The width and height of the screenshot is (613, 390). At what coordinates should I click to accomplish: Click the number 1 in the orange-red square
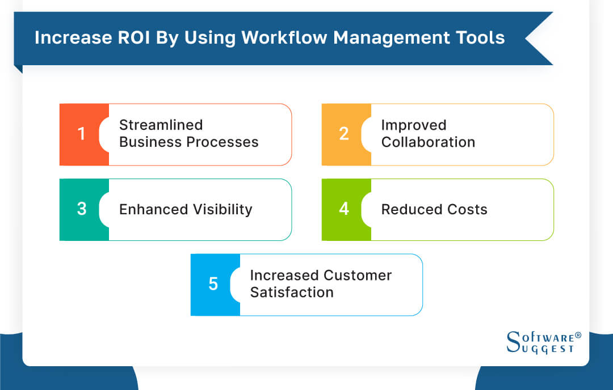click(82, 134)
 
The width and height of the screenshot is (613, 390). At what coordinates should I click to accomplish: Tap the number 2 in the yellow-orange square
click(344, 134)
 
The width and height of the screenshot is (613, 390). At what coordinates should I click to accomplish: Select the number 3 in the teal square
click(82, 209)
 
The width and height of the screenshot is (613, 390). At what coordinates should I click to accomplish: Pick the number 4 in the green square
click(344, 209)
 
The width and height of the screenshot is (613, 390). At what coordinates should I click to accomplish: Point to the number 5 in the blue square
click(213, 284)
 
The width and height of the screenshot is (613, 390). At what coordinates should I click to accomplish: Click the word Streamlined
click(161, 125)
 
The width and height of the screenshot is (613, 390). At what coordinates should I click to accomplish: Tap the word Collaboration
click(428, 142)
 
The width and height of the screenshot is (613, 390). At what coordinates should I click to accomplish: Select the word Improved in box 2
click(413, 125)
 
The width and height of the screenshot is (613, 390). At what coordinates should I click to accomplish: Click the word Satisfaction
click(292, 292)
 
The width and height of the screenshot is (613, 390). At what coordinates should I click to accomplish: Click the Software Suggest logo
click(542, 342)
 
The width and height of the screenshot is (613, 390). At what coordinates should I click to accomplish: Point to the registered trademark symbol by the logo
click(578, 336)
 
